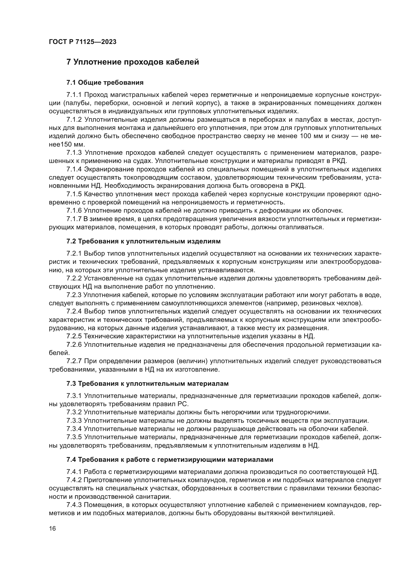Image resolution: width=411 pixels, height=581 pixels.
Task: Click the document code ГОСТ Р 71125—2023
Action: [82, 42]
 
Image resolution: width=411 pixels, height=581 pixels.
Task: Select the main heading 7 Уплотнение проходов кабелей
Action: [133, 62]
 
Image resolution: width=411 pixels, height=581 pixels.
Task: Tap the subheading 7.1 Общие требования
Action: [105, 82]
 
